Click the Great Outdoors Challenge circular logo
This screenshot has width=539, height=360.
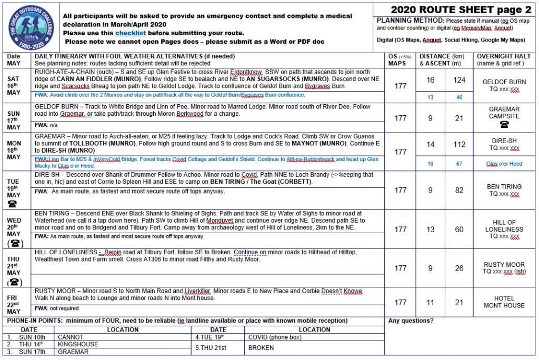click(31, 26)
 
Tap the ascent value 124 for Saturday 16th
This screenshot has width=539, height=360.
click(460, 80)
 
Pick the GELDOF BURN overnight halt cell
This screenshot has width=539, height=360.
click(504, 85)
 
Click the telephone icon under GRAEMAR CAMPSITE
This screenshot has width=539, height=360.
click(504, 124)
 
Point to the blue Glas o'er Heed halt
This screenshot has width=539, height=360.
click(504, 164)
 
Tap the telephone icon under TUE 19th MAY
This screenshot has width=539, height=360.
click(13, 203)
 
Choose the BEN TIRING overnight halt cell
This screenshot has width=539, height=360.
click(504, 190)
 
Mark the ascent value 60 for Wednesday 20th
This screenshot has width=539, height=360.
click(460, 229)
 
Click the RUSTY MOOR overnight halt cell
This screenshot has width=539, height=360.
click(504, 268)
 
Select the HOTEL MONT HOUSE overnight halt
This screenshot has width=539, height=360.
click(504, 302)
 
